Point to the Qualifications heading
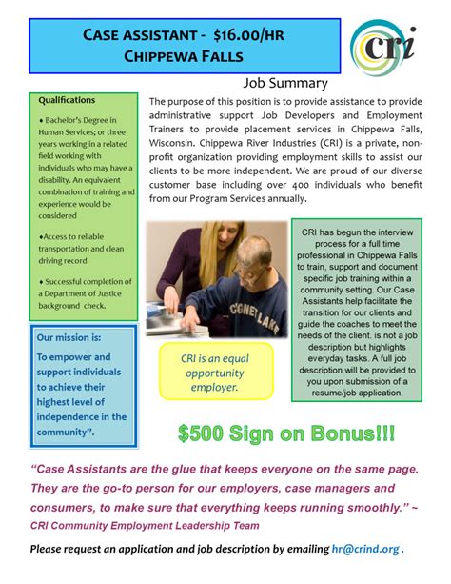(x=67, y=99)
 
